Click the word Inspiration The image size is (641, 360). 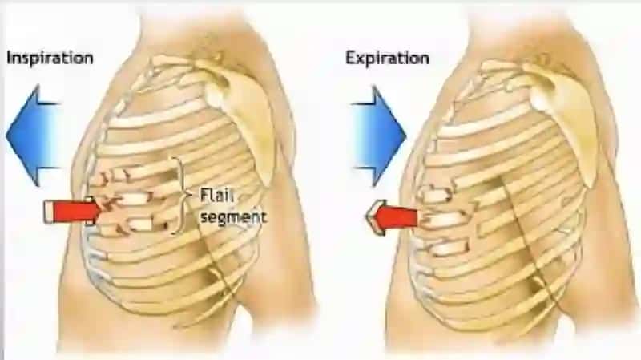(x=50, y=58)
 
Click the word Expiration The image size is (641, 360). (x=387, y=58)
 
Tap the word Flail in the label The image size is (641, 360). (x=216, y=195)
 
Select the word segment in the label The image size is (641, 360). (x=233, y=216)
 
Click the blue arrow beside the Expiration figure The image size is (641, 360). (x=378, y=136)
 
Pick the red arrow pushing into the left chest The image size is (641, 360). (x=73, y=212)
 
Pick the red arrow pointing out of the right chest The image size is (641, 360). (x=393, y=217)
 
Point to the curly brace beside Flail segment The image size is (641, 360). (x=180, y=196)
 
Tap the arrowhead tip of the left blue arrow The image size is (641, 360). (x=6, y=136)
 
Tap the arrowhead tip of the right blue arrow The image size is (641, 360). (x=405, y=136)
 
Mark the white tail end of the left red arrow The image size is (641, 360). (x=48, y=212)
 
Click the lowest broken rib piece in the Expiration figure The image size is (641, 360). (x=449, y=248)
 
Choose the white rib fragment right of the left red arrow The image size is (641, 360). (x=134, y=199)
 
